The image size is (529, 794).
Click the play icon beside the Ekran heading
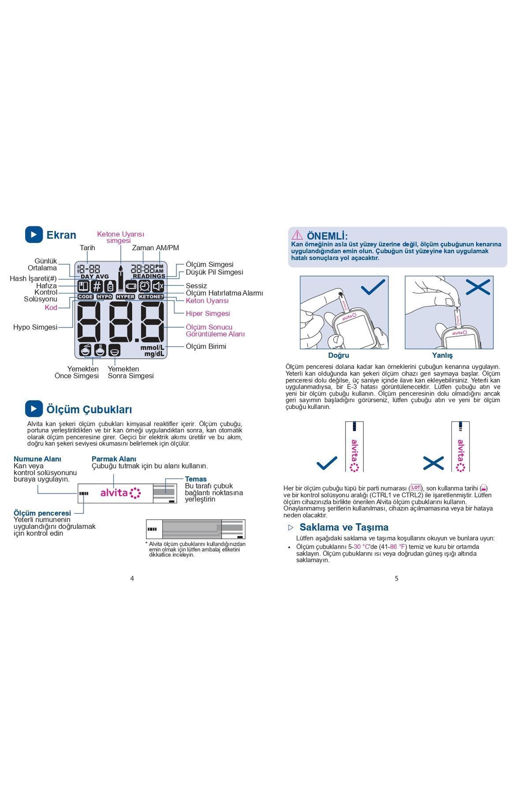pyautogui.click(x=34, y=235)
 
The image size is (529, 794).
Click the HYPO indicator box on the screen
pyautogui.click(x=105, y=297)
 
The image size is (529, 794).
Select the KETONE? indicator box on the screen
pyautogui.click(x=151, y=297)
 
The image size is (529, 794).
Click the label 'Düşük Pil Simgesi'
pyautogui.click(x=214, y=272)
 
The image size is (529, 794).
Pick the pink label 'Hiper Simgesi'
pyautogui.click(x=208, y=314)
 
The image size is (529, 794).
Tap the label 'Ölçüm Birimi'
pyautogui.click(x=206, y=346)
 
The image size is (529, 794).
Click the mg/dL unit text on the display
pyautogui.click(x=154, y=354)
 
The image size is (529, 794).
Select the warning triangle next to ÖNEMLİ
pyautogui.click(x=297, y=235)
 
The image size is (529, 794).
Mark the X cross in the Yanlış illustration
pyautogui.click(x=478, y=288)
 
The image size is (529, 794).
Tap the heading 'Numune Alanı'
pyautogui.click(x=37, y=459)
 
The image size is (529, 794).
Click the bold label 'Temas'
pyautogui.click(x=196, y=479)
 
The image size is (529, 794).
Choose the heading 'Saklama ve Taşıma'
pyautogui.click(x=344, y=527)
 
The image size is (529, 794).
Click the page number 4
pyautogui.click(x=132, y=578)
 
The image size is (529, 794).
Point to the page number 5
pyautogui.click(x=396, y=578)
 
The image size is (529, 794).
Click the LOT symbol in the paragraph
pyautogui.click(x=416, y=487)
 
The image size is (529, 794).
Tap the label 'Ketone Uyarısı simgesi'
pyautogui.click(x=120, y=237)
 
